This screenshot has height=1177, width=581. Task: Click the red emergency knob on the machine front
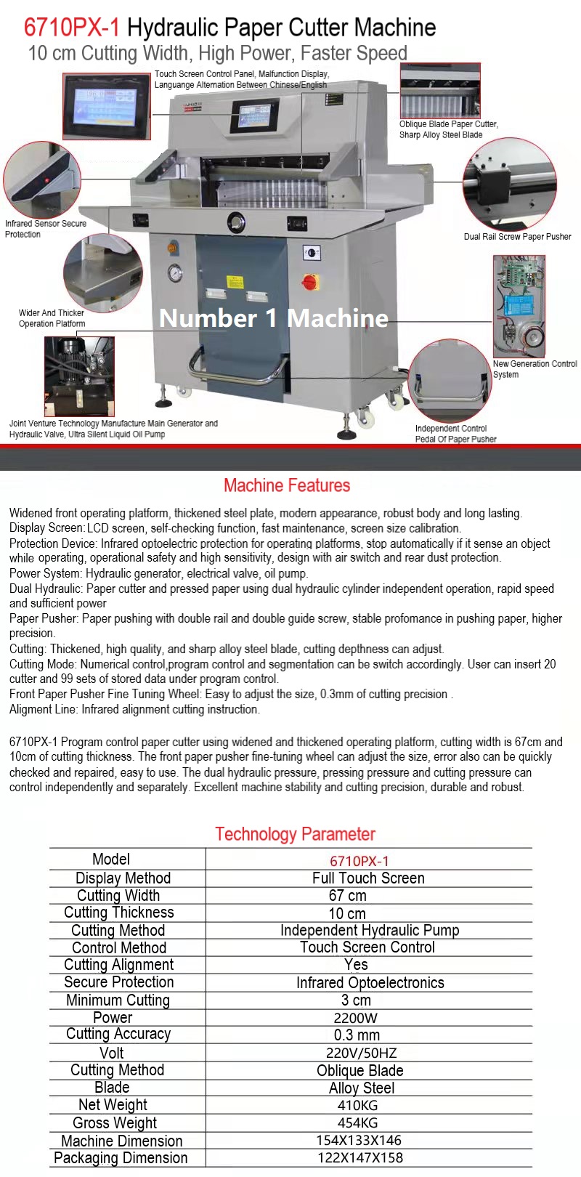tap(310, 282)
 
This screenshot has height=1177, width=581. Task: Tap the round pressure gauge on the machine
tap(174, 274)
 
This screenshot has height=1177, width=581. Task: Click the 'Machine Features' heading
tap(287, 485)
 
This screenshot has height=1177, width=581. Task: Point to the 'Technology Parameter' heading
tap(295, 834)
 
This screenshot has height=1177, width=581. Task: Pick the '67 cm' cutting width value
tap(347, 896)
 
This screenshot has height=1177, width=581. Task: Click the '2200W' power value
tap(356, 1018)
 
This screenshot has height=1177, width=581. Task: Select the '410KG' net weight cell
tap(358, 1105)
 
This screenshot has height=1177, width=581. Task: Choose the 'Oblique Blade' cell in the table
tap(359, 1071)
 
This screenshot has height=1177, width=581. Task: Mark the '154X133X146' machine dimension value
tap(359, 1141)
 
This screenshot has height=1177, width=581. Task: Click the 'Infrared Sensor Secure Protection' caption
tap(45, 229)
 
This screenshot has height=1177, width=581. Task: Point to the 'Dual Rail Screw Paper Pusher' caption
tap(517, 237)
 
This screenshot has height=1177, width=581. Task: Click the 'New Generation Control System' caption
tap(535, 369)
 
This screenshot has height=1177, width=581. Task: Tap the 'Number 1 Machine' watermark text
tap(274, 318)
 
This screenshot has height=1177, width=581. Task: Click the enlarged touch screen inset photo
tap(106, 105)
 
